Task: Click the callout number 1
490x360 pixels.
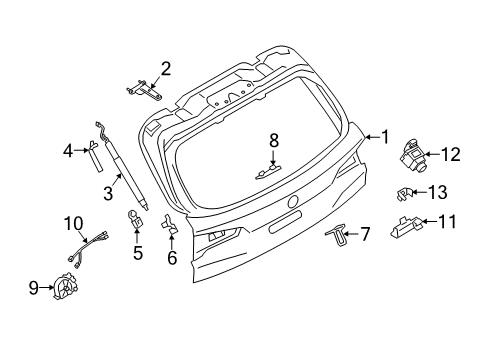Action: [381, 137]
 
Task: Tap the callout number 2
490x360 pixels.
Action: [165, 68]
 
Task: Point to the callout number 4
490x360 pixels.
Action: [69, 151]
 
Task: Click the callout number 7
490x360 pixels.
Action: [365, 234]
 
